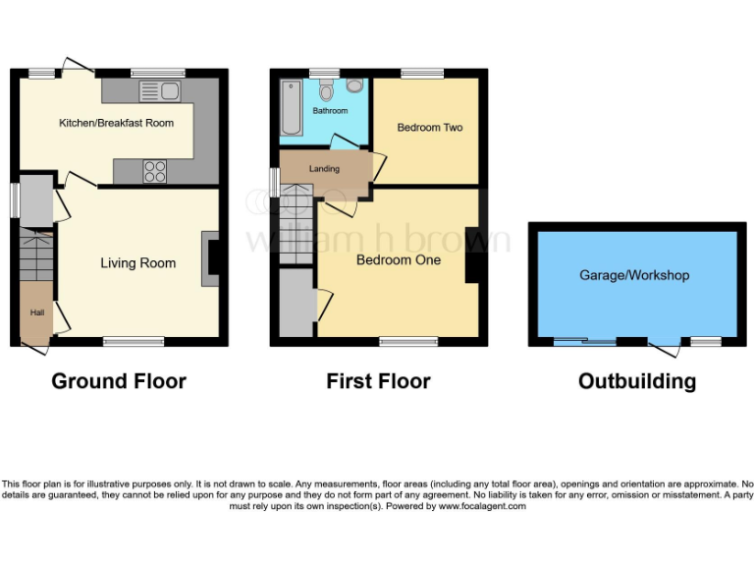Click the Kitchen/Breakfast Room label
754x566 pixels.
click(116, 123)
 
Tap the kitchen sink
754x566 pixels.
click(158, 92)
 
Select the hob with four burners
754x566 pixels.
click(155, 171)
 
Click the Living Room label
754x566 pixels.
click(137, 263)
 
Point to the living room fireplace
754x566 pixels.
click(210, 258)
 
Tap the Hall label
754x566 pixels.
click(36, 313)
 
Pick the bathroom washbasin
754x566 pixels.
click(353, 85)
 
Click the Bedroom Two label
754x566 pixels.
click(429, 128)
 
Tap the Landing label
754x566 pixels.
click(324, 169)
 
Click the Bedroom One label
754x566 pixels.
click(398, 260)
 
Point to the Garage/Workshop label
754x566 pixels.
click(633, 276)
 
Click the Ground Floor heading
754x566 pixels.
click(118, 381)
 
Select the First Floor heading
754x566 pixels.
click(378, 381)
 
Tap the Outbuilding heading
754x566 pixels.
click(636, 381)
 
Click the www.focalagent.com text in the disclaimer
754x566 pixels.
click(481, 507)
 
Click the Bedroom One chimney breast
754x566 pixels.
click(472, 255)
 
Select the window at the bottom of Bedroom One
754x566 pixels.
click(407, 342)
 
